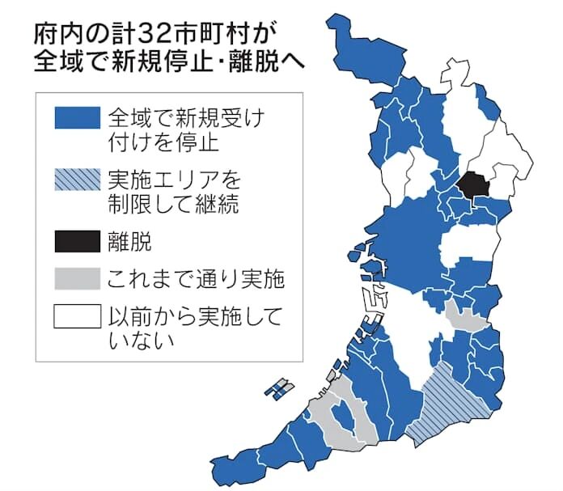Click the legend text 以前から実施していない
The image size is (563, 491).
[194, 328]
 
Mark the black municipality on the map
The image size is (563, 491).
[470, 184]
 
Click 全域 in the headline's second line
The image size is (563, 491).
[66, 62]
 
